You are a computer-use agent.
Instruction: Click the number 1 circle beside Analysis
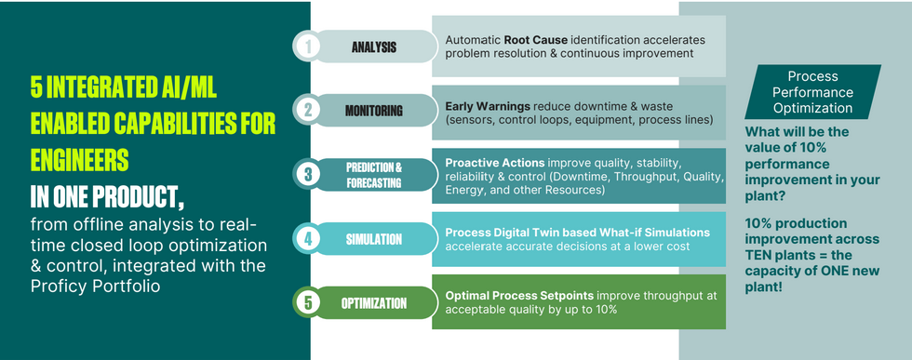click(x=307, y=47)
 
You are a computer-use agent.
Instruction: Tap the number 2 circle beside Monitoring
click(x=307, y=111)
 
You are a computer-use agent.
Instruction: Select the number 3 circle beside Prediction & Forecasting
click(x=307, y=175)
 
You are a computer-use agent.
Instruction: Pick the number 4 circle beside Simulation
click(x=307, y=238)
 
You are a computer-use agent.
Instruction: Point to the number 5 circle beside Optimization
click(x=307, y=302)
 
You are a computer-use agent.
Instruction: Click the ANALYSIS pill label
click(x=373, y=47)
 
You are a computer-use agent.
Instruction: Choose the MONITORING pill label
click(x=373, y=111)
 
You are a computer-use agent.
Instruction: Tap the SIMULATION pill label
click(x=373, y=239)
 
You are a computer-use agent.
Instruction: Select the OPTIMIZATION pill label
click(x=373, y=303)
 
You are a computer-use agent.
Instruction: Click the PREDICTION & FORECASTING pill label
click(x=373, y=175)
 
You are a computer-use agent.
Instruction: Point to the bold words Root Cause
click(x=536, y=41)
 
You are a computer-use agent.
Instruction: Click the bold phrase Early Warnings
click(x=488, y=107)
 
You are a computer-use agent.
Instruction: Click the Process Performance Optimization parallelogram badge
click(x=812, y=92)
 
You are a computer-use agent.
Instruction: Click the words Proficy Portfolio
click(x=95, y=287)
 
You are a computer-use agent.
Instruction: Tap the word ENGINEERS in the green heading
click(x=80, y=161)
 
